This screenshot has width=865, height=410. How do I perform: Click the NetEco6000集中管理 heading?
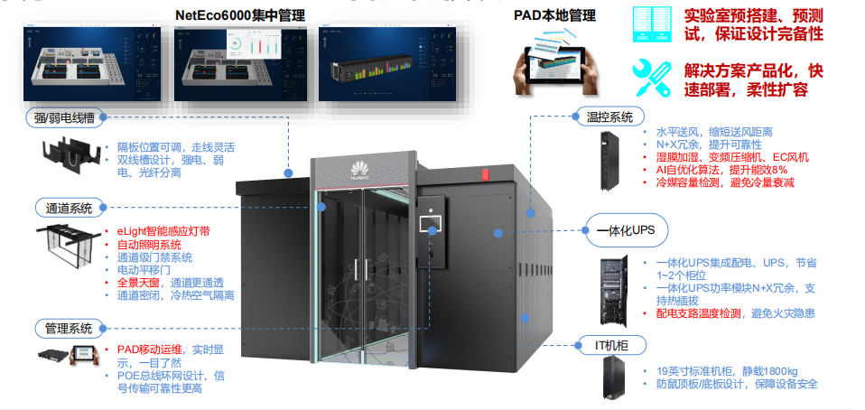239,14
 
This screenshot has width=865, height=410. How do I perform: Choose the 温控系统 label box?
609,116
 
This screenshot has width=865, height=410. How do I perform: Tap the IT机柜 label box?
610,344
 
